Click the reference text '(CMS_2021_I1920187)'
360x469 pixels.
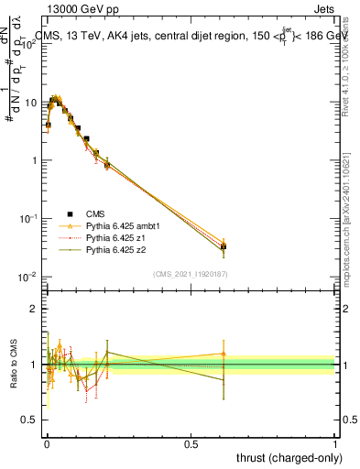coord(191,274)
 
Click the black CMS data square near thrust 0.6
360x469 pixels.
coord(224,246)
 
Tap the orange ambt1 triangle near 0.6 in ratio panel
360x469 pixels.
coord(224,354)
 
